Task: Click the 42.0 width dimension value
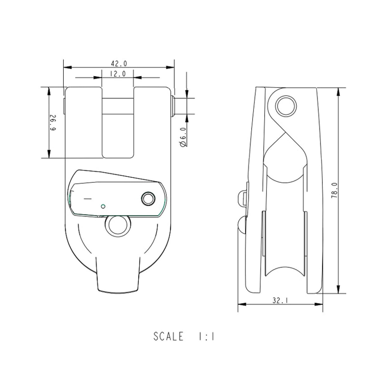pos(119,64)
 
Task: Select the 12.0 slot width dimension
pos(118,74)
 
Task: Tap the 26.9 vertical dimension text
pos(53,123)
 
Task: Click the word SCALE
pos(168,336)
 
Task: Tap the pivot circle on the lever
pos(148,199)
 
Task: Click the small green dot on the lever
pos(102,206)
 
